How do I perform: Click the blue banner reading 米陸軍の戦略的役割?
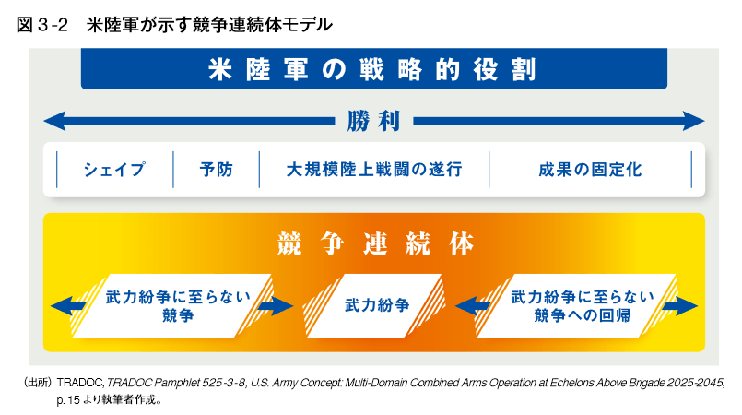(x=374, y=68)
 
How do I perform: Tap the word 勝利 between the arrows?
(x=373, y=121)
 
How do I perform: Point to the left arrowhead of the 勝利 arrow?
(x=54, y=121)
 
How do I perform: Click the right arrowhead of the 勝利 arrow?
(x=694, y=121)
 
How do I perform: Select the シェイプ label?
(x=114, y=170)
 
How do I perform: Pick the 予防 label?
(x=217, y=170)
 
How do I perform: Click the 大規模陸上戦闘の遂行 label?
(x=374, y=170)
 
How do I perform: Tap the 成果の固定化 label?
(x=590, y=170)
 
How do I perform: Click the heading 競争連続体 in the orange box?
(x=374, y=243)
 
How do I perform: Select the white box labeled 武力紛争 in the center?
(x=374, y=305)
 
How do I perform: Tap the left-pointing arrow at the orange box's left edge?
(x=68, y=305)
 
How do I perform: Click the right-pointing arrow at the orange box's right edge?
(x=679, y=305)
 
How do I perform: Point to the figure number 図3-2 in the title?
(x=42, y=25)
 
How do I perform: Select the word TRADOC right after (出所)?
(x=80, y=383)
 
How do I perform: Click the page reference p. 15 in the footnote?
(x=68, y=400)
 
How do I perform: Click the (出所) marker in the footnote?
(x=38, y=383)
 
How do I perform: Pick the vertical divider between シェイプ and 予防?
(x=173, y=170)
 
